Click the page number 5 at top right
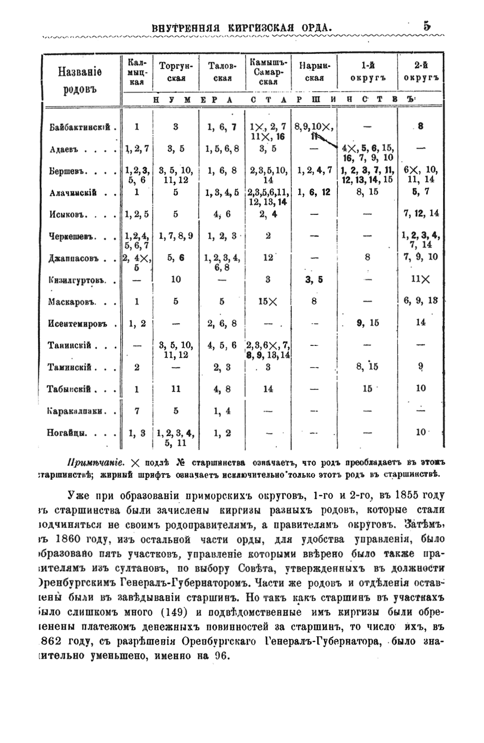[x=427, y=26]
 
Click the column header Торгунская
[x=175, y=72]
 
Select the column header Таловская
[x=222, y=72]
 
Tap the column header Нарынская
[x=314, y=72]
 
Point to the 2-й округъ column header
[x=420, y=72]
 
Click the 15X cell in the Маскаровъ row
[x=267, y=302]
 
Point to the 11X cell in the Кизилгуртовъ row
[x=420, y=280]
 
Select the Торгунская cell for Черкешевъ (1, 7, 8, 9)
[x=175, y=237]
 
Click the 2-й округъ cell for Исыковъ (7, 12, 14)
[x=420, y=213]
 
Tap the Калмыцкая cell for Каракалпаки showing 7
[x=136, y=410]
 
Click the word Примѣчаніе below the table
[x=97, y=460]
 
